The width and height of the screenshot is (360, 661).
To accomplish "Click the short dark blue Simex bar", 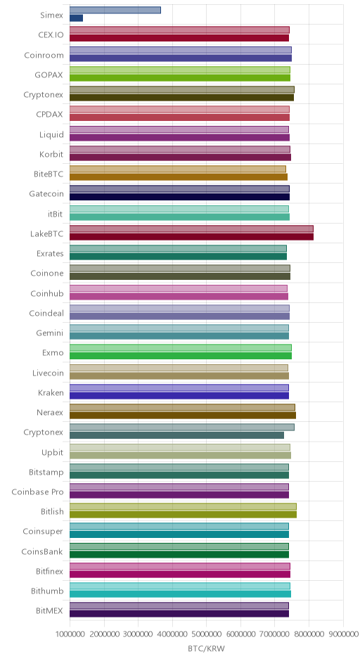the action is click(x=77, y=18).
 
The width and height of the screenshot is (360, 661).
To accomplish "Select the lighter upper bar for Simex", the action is click(x=115, y=10).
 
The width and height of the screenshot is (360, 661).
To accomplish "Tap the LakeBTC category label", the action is click(x=47, y=233).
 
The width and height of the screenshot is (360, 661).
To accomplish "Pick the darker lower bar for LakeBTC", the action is click(x=191, y=236).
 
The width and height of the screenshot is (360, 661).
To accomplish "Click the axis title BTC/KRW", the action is click(x=207, y=648).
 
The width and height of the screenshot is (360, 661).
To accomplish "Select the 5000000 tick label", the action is click(x=207, y=634).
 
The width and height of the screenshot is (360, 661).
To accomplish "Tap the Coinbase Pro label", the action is click(x=37, y=492).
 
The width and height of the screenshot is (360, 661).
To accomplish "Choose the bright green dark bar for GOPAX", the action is click(x=180, y=77).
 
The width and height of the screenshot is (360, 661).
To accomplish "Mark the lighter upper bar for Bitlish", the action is click(x=183, y=506).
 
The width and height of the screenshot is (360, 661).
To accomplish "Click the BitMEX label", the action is click(x=50, y=610).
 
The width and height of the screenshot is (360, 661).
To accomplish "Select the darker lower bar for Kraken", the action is click(x=179, y=395).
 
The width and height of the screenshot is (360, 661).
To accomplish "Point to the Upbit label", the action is click(x=52, y=452).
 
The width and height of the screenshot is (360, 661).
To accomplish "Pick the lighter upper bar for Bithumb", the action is click(x=180, y=586).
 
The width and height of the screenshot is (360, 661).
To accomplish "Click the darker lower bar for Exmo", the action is click(x=181, y=356).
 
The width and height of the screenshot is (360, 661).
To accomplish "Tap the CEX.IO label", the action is click(x=51, y=34).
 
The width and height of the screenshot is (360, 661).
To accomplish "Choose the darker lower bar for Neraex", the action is click(x=183, y=415).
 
